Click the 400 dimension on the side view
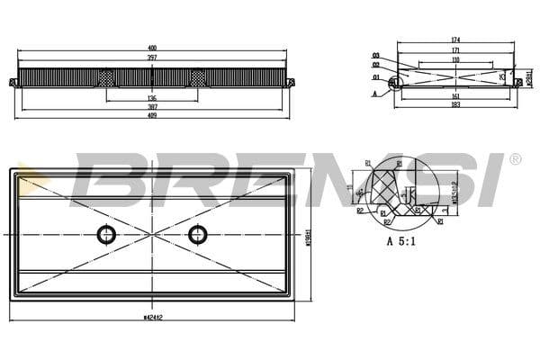[x=152, y=49]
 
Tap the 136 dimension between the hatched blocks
[x=152, y=99]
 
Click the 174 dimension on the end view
[x=456, y=40]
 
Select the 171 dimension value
[x=456, y=50]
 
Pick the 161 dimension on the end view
[x=456, y=94]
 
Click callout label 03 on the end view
[x=375, y=56]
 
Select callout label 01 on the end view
[x=375, y=77]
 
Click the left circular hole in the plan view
[x=107, y=234]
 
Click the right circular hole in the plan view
[x=198, y=234]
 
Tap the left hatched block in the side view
[x=108, y=78]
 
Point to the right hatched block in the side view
[x=197, y=78]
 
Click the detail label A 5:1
[x=401, y=241]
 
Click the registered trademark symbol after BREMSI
[x=515, y=159]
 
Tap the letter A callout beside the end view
[x=375, y=92]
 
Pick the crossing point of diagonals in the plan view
[x=152, y=234]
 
